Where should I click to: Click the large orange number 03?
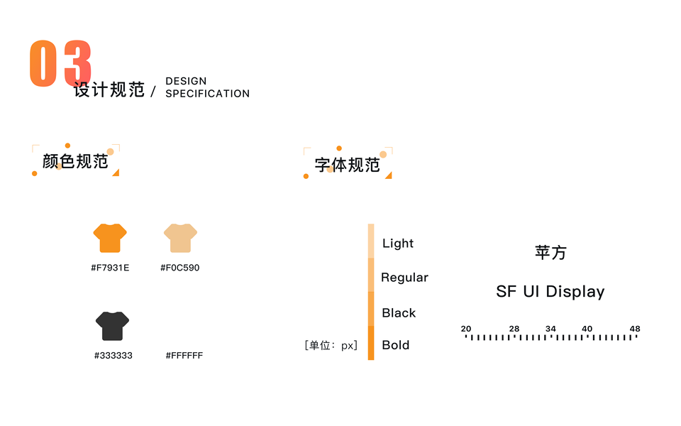(x=60, y=64)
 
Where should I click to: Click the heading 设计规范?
(x=109, y=90)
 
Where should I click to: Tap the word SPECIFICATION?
(x=207, y=94)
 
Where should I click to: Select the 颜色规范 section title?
(x=75, y=161)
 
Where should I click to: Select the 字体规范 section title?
(x=347, y=165)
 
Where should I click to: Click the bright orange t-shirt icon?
(x=110, y=238)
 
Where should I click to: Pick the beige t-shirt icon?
(x=180, y=238)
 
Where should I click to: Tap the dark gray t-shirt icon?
(x=112, y=326)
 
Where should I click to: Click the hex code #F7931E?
(x=110, y=268)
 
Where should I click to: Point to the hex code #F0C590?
(x=180, y=268)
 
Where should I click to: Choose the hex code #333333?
(x=113, y=355)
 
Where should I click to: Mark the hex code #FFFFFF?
(x=184, y=355)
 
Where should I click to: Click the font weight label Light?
(x=398, y=244)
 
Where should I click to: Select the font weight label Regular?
(x=404, y=278)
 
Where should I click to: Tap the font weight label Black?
(x=399, y=313)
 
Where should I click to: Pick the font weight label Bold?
(x=396, y=345)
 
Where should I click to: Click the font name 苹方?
(x=550, y=253)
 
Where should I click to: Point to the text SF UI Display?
(x=550, y=292)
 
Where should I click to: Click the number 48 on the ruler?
(x=635, y=329)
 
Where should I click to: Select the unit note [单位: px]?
(x=331, y=346)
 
